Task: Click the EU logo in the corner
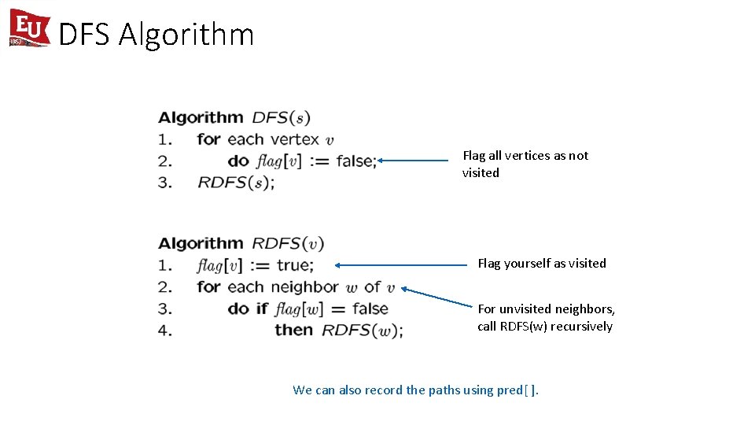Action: coord(29,28)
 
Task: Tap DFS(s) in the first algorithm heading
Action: coord(281,118)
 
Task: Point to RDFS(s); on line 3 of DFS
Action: coord(236,183)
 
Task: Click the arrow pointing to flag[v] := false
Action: coord(413,161)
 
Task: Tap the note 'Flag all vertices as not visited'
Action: coord(525,164)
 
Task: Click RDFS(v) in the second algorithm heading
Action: coord(288,243)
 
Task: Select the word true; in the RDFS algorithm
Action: coord(295,265)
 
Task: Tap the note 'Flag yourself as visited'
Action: coord(542,264)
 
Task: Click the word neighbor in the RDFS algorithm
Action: coord(304,287)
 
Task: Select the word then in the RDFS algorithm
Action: coord(293,330)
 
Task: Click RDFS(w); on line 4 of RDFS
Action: coord(363,331)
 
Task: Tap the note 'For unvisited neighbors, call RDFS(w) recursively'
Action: coord(546,318)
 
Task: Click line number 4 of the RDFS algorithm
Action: coord(165,331)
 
